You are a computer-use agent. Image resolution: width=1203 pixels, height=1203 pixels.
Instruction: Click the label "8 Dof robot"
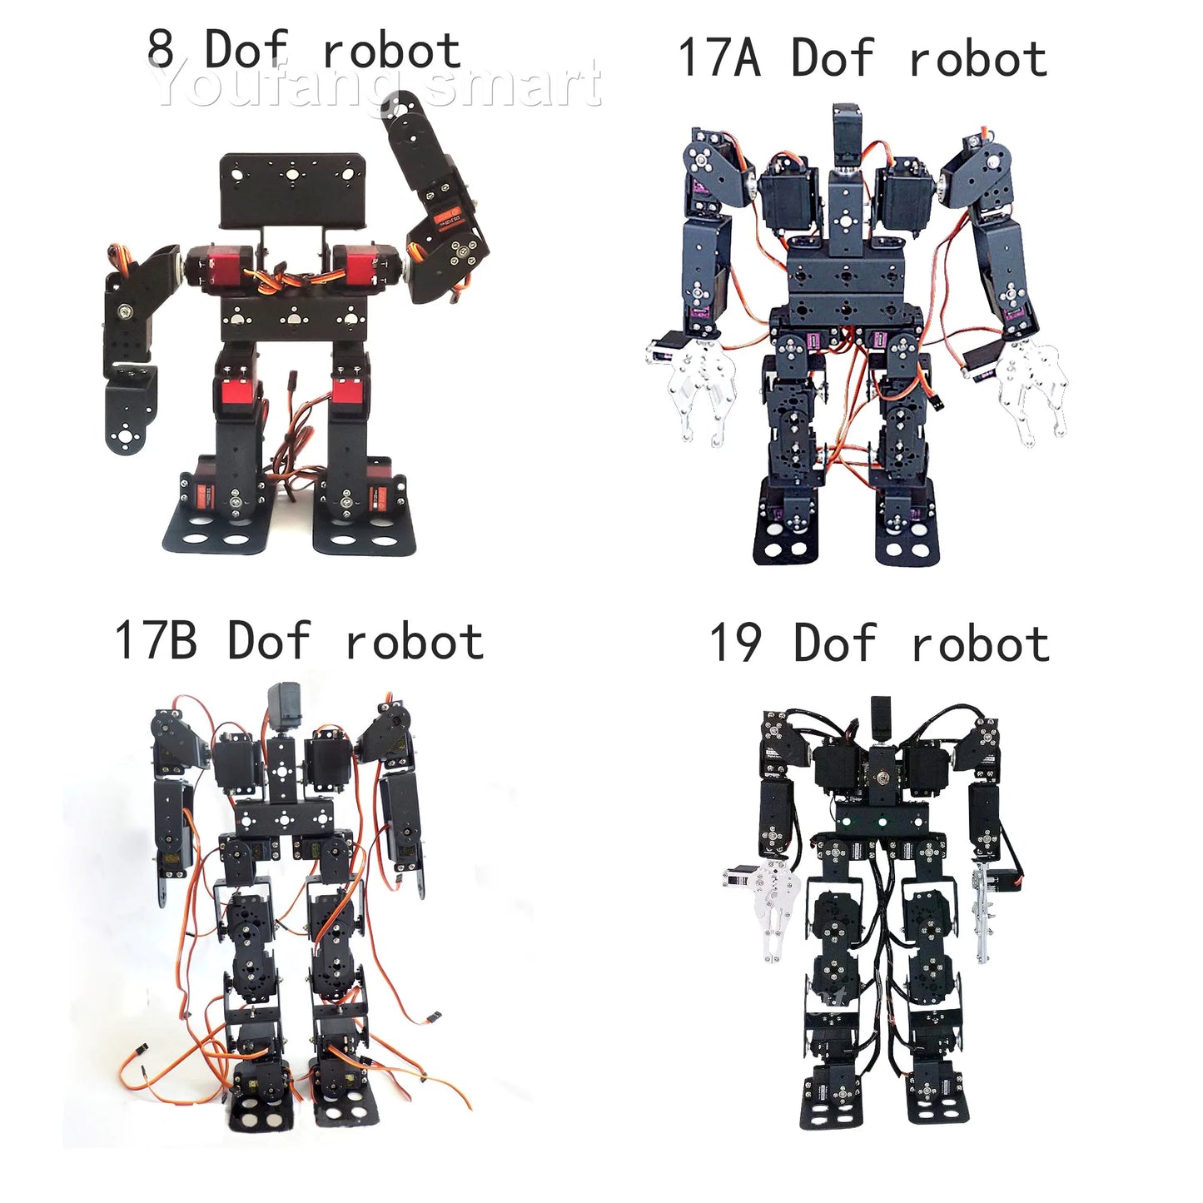click(304, 50)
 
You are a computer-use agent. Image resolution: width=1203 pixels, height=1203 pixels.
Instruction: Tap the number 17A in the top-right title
click(718, 58)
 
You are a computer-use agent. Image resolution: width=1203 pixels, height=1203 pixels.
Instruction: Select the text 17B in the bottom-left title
click(156, 641)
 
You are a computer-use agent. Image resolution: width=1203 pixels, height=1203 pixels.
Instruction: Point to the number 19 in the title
click(735, 644)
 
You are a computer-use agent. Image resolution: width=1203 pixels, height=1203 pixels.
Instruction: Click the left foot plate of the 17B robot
click(259, 1111)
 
